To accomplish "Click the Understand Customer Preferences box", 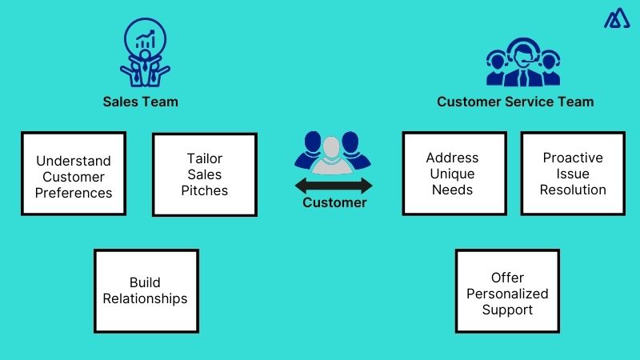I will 74,174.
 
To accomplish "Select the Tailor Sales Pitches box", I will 204,174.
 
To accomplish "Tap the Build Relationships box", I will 146,290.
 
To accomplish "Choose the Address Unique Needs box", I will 454,174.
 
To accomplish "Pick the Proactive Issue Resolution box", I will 572,174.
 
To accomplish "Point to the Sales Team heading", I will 140,102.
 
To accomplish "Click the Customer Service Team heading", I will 515,102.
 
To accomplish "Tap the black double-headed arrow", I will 333,186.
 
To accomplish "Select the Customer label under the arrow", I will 334,203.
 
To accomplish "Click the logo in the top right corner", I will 617,17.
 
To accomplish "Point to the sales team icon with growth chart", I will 145,54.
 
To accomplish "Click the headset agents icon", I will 522,62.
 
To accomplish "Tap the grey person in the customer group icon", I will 332,154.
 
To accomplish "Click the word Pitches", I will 204,190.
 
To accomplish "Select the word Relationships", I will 146,298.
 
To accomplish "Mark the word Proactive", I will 572,158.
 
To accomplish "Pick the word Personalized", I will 507,294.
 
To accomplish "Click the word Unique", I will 453,174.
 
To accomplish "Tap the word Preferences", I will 74,193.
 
